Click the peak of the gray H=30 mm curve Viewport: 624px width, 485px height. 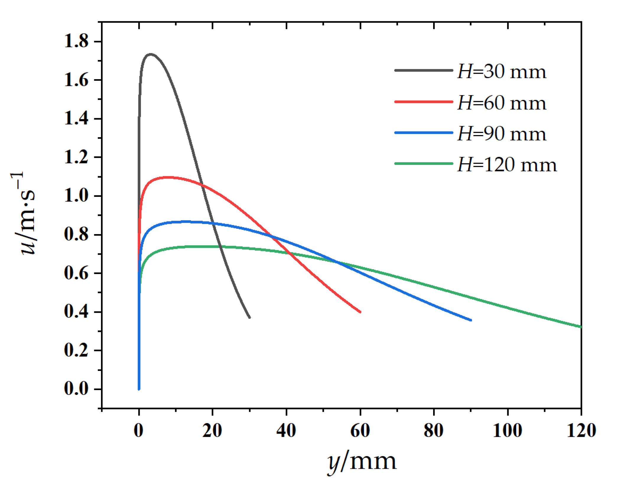(x=151, y=54)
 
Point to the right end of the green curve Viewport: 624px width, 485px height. (x=581, y=327)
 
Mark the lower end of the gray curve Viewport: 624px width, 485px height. (x=250, y=317)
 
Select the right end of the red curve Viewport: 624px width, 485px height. (x=360, y=312)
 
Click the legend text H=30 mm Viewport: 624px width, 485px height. (x=502, y=72)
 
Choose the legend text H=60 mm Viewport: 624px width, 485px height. (x=502, y=103)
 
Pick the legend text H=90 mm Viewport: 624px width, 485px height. (x=502, y=134)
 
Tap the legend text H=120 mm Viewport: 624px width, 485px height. (x=507, y=165)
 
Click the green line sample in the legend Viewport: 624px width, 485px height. (x=423, y=163)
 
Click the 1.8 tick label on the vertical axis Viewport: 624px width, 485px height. (x=76, y=41)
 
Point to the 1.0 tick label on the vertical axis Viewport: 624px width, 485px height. (x=76, y=196)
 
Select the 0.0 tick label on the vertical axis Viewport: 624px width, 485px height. (x=76, y=389)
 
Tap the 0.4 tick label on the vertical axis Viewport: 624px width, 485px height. (x=76, y=312)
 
